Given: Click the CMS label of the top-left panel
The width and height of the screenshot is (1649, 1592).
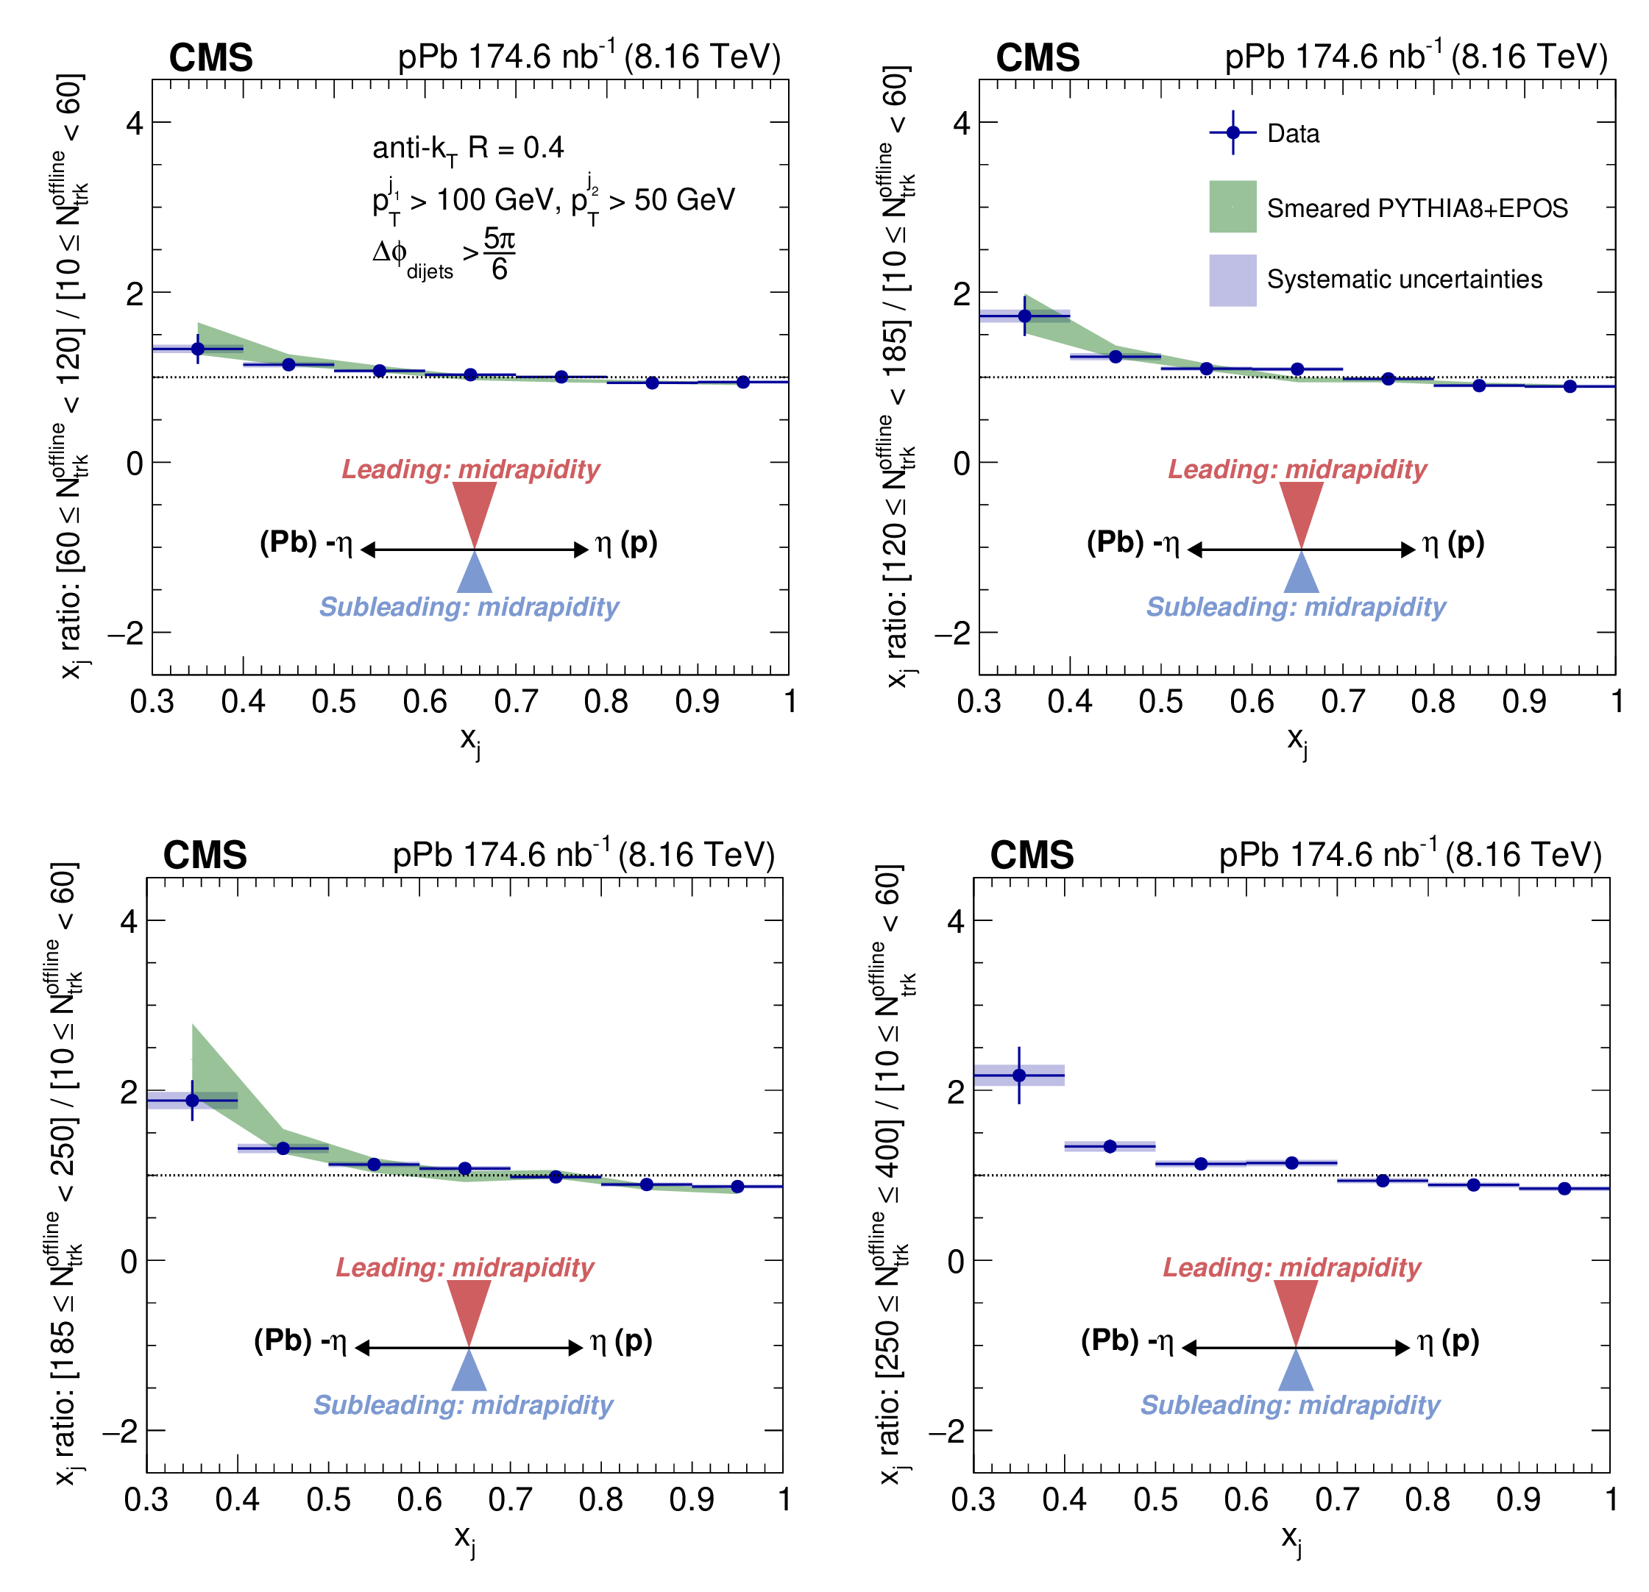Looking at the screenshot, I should click(x=210, y=58).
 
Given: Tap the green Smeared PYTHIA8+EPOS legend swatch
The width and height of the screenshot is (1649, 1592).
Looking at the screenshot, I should click(x=1233, y=206).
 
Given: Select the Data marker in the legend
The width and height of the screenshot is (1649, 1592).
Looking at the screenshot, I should click(x=1233, y=133).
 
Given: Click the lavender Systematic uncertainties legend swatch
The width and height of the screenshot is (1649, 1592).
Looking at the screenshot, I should click(x=1233, y=280).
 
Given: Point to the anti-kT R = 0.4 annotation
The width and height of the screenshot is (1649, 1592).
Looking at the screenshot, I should click(x=468, y=149).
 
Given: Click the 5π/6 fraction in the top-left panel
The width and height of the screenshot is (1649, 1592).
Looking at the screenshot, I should click(x=499, y=254).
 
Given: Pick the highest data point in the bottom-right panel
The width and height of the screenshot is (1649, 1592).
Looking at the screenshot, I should click(x=1019, y=1075).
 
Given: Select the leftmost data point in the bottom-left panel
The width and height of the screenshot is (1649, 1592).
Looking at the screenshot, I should click(x=192, y=1100).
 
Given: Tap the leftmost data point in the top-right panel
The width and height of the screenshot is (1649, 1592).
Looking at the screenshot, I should click(x=1025, y=316).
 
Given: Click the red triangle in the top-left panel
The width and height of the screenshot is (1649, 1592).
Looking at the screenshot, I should click(x=475, y=510).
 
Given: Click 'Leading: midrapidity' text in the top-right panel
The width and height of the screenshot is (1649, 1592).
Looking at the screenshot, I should click(x=1297, y=469).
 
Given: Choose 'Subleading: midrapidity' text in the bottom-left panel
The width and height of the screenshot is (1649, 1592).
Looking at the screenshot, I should click(x=464, y=1404).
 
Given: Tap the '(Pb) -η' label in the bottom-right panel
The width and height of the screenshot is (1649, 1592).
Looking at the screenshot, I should click(x=1127, y=1340).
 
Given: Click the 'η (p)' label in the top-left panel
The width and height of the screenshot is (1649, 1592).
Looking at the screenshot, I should click(x=626, y=543).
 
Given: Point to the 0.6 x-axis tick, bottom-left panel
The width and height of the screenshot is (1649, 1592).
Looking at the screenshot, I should click(x=419, y=1499).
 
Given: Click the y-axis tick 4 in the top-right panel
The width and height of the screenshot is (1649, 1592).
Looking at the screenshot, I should click(x=961, y=124).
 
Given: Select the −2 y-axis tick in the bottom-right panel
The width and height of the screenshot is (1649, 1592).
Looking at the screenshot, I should click(x=946, y=1431).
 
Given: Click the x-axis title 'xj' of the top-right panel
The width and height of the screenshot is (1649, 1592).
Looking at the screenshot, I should click(x=1297, y=740).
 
